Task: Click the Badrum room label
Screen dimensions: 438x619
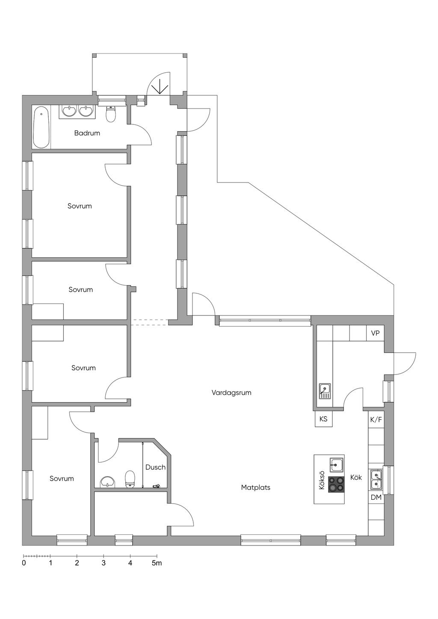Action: [87, 133]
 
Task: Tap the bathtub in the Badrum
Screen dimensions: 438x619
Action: [41, 127]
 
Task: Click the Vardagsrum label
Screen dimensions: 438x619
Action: [231, 393]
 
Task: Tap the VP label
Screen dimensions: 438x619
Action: [375, 333]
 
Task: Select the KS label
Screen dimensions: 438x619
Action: [323, 419]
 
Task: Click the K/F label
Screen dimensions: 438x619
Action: [376, 420]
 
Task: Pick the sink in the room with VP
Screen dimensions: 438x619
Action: [325, 391]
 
